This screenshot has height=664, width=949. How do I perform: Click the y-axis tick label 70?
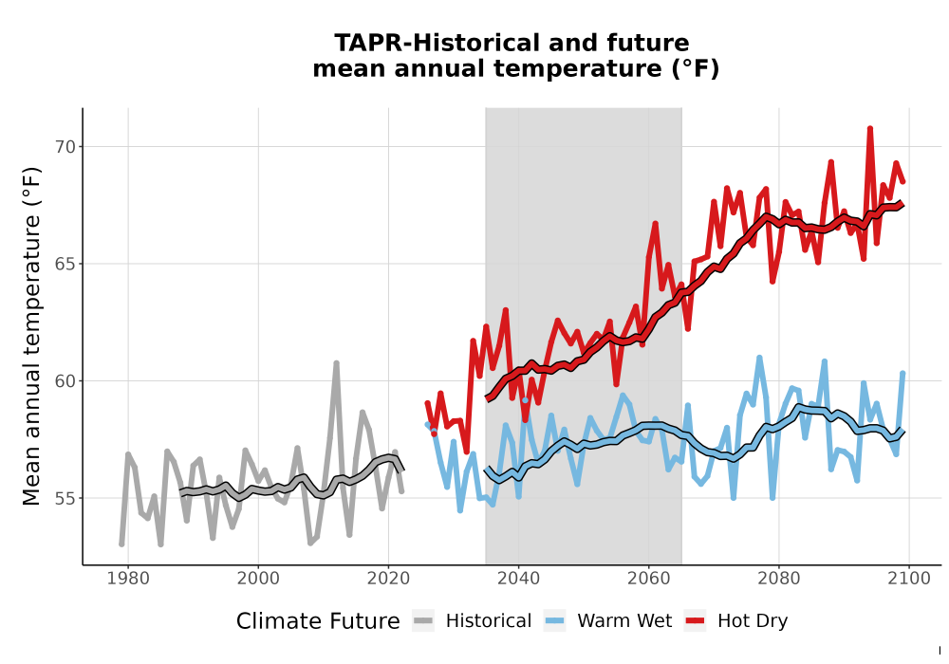click(x=65, y=147)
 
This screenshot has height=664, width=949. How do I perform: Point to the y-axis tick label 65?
click(x=65, y=265)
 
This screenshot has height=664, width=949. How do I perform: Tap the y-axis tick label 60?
click(x=65, y=381)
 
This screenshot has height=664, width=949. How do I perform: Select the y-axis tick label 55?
click(x=65, y=499)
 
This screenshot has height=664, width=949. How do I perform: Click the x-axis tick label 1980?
click(x=128, y=579)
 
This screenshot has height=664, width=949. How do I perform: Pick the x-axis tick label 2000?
click(x=258, y=579)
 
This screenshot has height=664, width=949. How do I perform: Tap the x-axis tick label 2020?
click(x=388, y=579)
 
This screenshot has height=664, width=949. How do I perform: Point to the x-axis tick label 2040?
click(x=518, y=579)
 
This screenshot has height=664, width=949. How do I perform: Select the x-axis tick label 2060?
click(x=648, y=579)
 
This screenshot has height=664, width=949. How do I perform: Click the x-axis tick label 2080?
click(x=779, y=579)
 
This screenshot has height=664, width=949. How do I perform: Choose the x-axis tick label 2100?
click(x=909, y=579)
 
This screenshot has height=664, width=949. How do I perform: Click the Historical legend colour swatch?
click(x=423, y=621)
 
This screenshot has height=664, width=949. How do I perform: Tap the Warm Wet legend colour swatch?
click(x=554, y=621)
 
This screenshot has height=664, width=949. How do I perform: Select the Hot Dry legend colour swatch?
click(x=696, y=621)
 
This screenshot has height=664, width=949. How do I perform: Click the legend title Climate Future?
click(x=318, y=621)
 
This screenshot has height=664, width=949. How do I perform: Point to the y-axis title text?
click(x=31, y=336)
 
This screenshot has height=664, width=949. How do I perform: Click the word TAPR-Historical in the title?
click(x=436, y=43)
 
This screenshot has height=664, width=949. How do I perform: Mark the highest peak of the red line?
click(x=869, y=128)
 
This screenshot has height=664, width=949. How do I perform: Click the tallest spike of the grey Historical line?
click(x=337, y=363)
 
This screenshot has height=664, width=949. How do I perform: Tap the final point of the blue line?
click(x=902, y=373)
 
